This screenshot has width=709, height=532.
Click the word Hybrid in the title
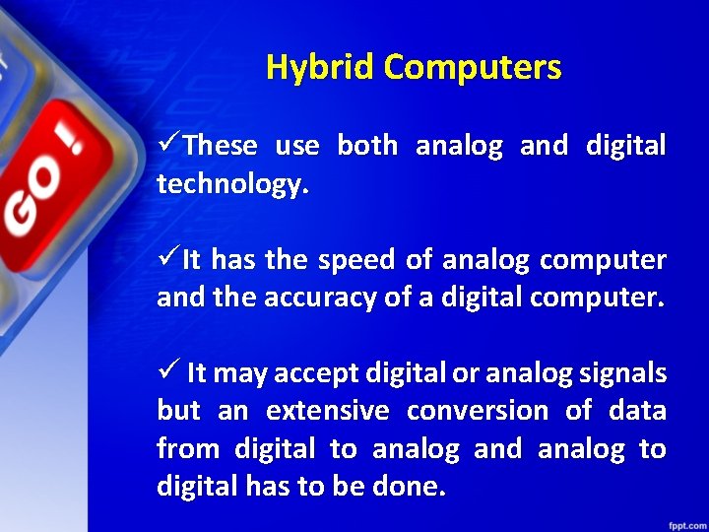coord(321,68)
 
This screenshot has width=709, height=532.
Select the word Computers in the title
coord(473,68)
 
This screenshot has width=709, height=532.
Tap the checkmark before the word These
coord(168,146)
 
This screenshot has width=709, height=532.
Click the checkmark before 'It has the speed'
coord(168,260)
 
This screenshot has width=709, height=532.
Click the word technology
coord(232,185)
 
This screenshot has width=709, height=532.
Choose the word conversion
coord(478,411)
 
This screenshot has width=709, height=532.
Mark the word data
coord(638,411)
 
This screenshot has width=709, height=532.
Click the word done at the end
coord(413,487)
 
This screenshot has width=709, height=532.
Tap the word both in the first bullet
coord(367,147)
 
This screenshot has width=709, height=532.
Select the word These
coord(220,147)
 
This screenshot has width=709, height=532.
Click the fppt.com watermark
coord(682,520)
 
